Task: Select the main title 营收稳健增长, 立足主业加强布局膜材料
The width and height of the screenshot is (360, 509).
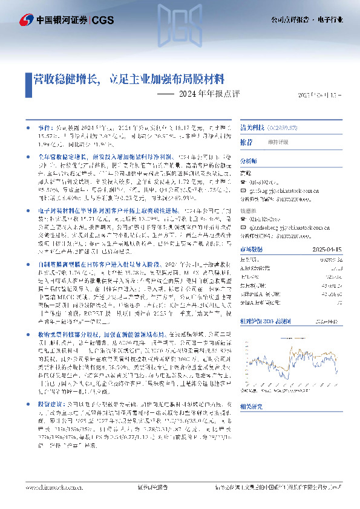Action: pyautogui.click(x=128, y=79)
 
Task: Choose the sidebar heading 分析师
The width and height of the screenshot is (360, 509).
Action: pyautogui.click(x=249, y=161)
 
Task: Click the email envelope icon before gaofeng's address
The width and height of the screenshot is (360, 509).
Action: pyautogui.click(x=244, y=187)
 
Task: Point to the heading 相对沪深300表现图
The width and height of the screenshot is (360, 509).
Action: pyautogui.click(x=267, y=322)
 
